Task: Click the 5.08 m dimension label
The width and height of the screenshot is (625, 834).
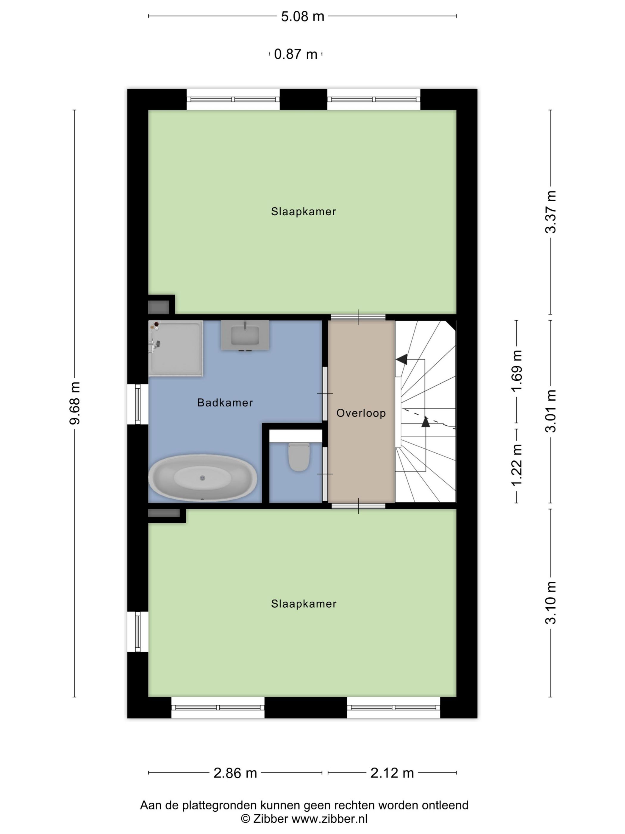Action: (302, 16)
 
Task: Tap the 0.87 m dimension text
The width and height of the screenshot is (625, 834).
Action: (296, 54)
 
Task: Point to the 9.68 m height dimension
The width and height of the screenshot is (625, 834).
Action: (75, 403)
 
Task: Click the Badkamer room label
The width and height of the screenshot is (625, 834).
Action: (225, 403)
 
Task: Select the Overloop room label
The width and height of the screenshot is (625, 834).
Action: (361, 413)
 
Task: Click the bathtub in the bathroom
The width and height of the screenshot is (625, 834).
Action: (203, 478)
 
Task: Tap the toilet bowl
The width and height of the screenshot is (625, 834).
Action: (299, 457)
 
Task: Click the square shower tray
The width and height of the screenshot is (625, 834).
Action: (176, 348)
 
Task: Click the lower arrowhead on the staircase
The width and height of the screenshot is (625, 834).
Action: (426, 421)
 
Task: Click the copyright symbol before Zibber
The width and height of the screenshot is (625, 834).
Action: (245, 819)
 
